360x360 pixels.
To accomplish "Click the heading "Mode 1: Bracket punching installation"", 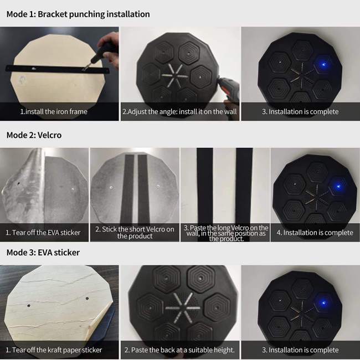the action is [x=78, y=14].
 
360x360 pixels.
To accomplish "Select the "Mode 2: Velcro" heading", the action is [x=34, y=135].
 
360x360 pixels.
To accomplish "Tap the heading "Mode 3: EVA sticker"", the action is [x=43, y=253].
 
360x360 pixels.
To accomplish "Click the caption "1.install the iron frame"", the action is [x=54, y=111].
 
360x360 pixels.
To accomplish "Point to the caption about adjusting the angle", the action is [x=179, y=111].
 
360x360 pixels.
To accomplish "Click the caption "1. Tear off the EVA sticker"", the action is [x=43, y=233].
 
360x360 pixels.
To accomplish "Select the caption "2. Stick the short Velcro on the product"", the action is [x=135, y=233].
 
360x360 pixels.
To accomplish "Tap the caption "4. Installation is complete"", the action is [x=315, y=233].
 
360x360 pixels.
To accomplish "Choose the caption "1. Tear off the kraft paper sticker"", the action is [x=54, y=350].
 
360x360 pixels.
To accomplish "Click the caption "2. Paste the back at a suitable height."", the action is [x=179, y=350].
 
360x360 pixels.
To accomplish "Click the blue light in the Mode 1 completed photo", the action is [x=324, y=64].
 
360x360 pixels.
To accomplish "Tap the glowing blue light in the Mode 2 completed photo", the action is [x=338, y=186].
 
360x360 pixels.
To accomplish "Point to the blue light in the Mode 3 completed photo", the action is [x=324, y=303].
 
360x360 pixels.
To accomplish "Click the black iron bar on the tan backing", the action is [x=58, y=69].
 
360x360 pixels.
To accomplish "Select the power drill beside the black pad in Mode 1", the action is [x=228, y=89].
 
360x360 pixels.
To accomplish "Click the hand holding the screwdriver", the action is [x=109, y=48].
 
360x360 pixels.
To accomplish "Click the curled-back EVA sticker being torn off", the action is [x=23, y=186].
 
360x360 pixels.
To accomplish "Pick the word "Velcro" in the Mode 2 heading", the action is [x=50, y=135].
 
